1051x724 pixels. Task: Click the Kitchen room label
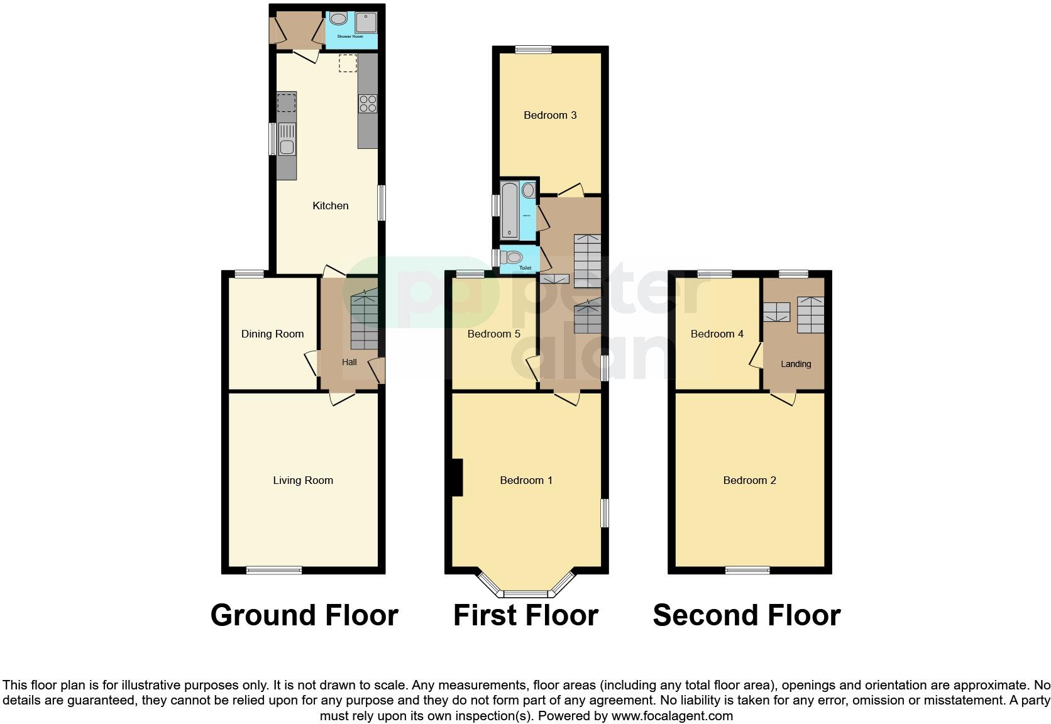coord(330,206)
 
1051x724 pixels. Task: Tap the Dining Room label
coord(272,334)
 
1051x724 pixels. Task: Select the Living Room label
coord(302,480)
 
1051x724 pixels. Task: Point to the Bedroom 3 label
coord(550,115)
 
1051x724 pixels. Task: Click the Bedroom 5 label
coord(493,334)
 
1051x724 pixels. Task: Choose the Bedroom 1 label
coord(526,480)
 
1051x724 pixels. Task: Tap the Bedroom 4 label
coord(717,334)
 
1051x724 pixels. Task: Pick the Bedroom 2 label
coord(749,480)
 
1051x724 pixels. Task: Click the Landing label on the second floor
coord(796,364)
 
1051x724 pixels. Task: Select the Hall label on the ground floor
coord(349,362)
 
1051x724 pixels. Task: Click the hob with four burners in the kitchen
coord(367,103)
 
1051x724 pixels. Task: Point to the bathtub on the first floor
coord(510,211)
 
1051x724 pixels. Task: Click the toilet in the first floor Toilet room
coord(514,257)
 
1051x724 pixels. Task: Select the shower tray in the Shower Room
coord(366,23)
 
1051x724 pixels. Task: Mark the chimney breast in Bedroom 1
coord(457,478)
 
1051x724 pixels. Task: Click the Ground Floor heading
coord(304,615)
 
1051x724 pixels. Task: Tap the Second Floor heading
coord(747,615)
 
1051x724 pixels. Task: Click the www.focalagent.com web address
coord(672,716)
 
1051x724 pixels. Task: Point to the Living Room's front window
coord(273,570)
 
